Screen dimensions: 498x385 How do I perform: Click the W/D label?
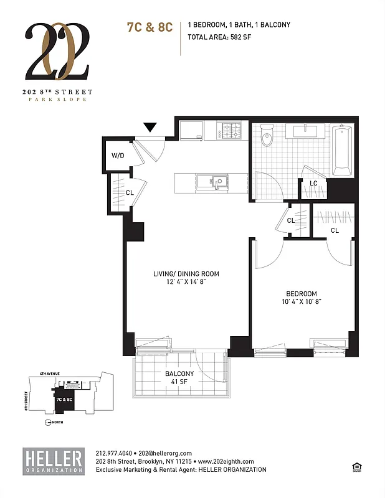pos(118,156)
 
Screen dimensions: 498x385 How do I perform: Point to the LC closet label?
pos(313,183)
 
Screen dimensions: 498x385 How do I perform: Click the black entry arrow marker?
pos(150,128)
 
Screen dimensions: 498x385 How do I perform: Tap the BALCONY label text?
pos(179,374)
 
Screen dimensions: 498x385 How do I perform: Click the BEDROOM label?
pos(302,294)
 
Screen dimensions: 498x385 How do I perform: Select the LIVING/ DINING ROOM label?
pos(186,274)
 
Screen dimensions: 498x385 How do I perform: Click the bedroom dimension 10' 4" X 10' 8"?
pos(302,302)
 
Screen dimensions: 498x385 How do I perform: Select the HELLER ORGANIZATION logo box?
pos(53,460)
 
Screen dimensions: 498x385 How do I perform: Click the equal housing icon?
pos(357,465)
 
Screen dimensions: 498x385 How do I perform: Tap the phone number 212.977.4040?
pos(115,453)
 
